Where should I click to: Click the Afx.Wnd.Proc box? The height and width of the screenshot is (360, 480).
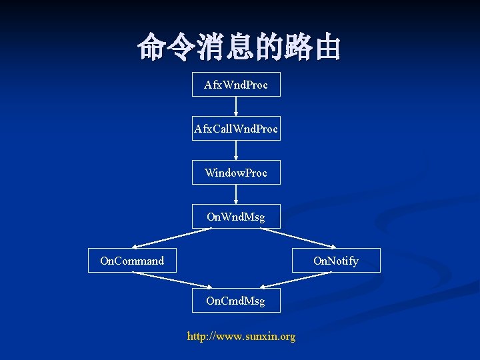[236, 85]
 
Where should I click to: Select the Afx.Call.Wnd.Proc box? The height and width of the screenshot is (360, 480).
[236, 129]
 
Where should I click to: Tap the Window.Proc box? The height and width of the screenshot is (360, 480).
[236, 173]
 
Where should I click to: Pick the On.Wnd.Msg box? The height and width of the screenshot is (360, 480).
[236, 217]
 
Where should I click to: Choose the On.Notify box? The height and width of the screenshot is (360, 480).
[336, 261]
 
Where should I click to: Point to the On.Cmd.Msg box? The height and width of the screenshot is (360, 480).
[236, 301]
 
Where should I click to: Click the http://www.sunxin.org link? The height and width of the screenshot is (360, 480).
[241, 337]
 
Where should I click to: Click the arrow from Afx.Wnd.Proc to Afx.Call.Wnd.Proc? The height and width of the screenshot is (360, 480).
[236, 107]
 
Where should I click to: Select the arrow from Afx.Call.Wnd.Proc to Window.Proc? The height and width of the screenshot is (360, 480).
[236, 151]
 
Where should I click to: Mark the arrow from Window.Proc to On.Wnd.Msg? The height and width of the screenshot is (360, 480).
[236, 195]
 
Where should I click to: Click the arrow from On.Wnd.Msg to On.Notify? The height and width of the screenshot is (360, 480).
[299, 238]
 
